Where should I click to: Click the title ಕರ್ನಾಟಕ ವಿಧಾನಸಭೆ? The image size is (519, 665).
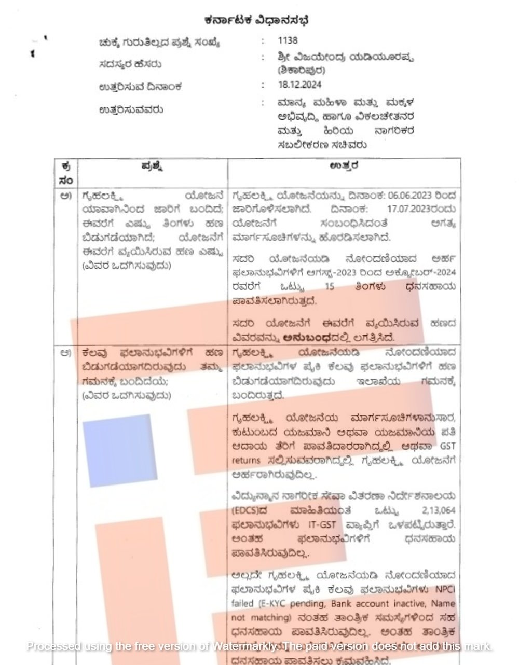(x=257, y=20)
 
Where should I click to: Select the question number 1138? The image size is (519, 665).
(x=288, y=40)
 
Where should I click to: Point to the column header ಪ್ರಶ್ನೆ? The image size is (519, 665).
(x=153, y=167)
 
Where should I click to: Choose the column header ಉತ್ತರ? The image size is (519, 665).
(x=344, y=167)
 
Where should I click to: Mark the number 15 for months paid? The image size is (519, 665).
(x=329, y=286)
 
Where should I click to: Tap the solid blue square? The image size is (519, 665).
(x=120, y=450)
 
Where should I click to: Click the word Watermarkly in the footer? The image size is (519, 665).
(x=246, y=646)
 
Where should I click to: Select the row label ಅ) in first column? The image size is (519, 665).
(x=65, y=196)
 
